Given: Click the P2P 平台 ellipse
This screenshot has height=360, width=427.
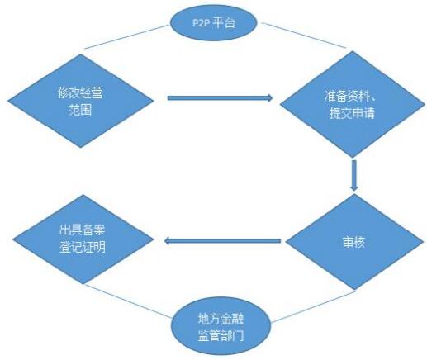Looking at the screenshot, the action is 213,22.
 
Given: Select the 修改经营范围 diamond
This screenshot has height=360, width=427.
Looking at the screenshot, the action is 80,101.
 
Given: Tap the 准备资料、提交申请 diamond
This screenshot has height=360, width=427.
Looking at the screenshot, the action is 353,104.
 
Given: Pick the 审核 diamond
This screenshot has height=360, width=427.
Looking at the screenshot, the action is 354,242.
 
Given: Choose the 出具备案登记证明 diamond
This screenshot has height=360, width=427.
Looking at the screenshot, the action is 83,239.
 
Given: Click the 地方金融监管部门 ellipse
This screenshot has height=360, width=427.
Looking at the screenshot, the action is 221,327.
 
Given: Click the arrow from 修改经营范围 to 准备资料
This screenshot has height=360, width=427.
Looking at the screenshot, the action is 220,97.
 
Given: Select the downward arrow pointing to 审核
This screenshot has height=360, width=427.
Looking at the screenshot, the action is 354,175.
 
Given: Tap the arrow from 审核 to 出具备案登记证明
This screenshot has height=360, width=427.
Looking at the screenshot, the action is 222,241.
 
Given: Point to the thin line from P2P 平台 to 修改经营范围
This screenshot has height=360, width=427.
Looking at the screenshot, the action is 126,37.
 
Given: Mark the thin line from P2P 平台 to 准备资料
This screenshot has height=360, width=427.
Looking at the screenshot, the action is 303,36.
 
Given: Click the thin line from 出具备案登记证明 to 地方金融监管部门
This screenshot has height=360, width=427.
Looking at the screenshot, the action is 128,301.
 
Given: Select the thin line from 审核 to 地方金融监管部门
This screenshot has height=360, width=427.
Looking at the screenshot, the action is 313,306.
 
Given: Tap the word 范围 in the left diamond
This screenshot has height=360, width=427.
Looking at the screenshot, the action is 80,110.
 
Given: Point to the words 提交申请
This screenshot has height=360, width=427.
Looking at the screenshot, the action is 352,113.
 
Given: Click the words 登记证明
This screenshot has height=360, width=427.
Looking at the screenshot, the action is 83,247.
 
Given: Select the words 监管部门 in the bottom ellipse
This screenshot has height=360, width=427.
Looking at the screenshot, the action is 221,335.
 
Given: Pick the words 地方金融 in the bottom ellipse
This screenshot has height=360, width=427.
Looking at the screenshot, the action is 221,319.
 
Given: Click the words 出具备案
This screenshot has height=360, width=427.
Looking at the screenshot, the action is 83,230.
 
